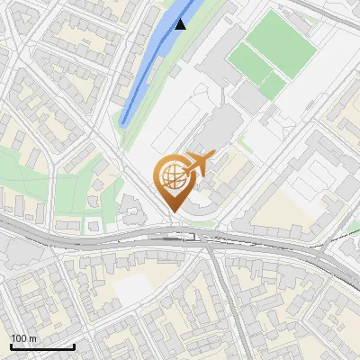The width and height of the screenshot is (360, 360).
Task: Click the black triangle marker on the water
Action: pyautogui.click(x=181, y=23)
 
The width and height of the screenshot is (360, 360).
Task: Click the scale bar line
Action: pyautogui.click(x=41, y=346)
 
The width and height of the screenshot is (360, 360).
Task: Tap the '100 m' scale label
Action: pyautogui.click(x=24, y=338)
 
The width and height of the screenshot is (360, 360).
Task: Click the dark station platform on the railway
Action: pyautogui.click(x=171, y=236)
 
